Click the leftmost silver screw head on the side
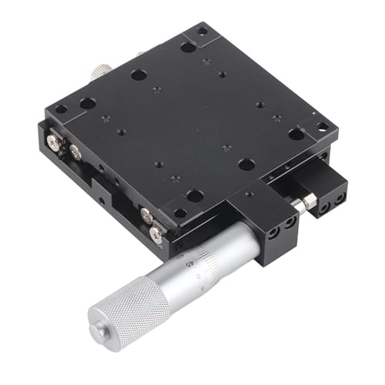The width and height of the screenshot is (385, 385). tap(52, 142)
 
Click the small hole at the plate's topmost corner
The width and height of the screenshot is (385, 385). tap(202, 32)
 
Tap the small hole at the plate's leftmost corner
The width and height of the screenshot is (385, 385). tap(61, 109)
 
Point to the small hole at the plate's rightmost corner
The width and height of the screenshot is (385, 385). tap(322, 126)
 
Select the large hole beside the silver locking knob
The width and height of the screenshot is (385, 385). tap(139, 75)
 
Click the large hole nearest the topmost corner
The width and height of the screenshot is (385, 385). tap(188, 47)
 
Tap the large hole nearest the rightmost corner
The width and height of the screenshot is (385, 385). tap(296, 134)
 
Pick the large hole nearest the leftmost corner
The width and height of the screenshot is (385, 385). tap(88, 103)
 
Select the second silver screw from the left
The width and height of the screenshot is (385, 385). tap(75, 153)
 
